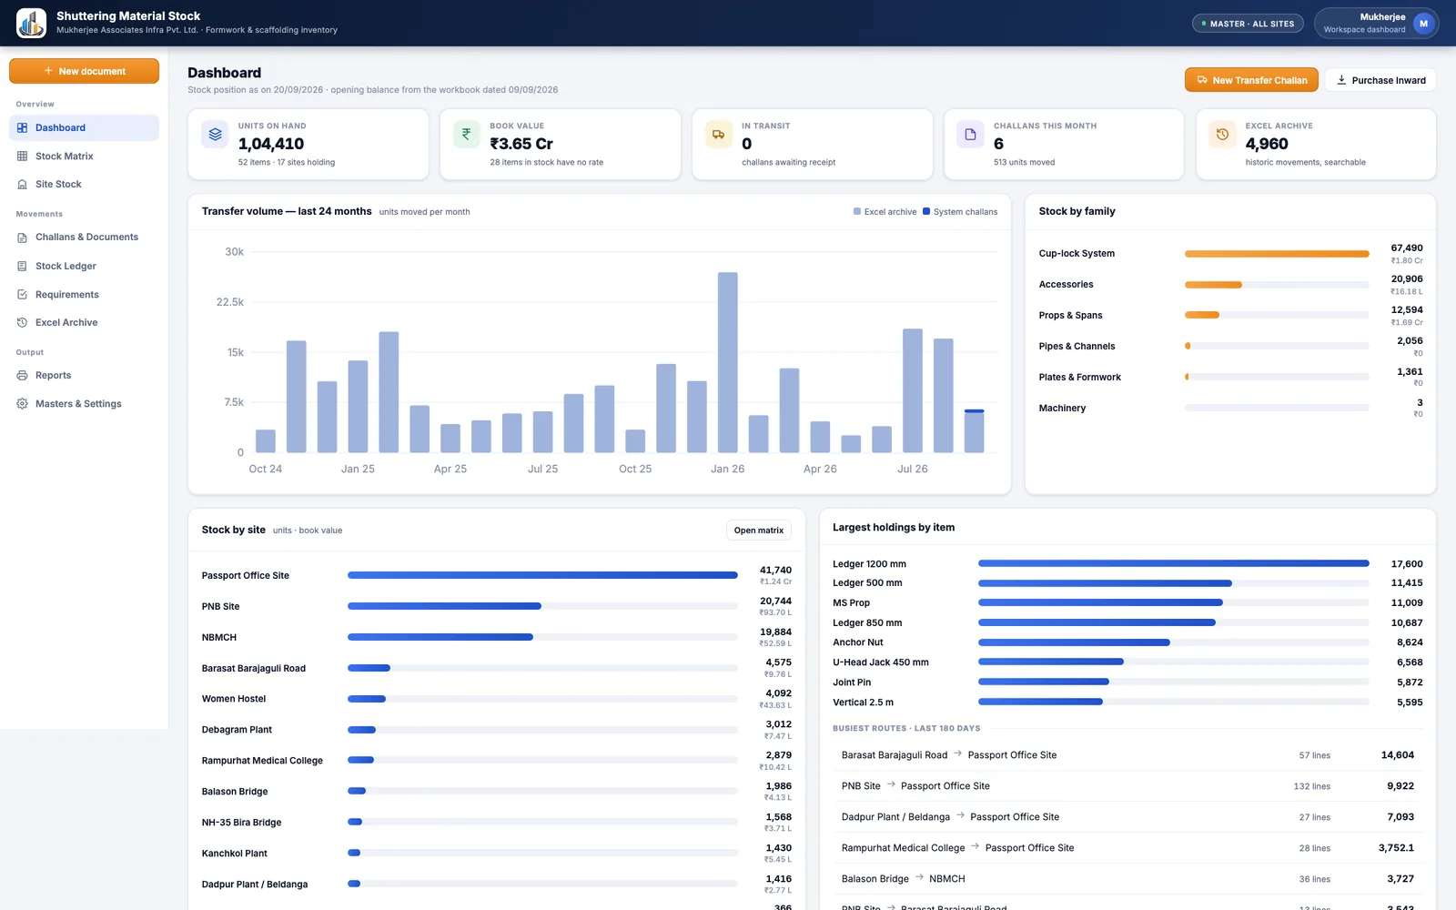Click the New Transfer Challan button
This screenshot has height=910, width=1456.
1250,80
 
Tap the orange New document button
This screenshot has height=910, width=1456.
84,71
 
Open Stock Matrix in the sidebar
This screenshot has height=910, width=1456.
64,156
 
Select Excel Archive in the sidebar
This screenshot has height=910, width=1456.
66,322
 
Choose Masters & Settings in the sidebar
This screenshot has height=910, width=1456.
78,404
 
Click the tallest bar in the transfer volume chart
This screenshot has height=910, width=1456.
727,362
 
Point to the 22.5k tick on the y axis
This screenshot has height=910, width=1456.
230,301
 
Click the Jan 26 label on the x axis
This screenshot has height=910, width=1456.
727,469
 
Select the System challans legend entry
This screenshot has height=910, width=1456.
960,212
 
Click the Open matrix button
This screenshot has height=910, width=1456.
759,531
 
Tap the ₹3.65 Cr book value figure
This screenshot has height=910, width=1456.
521,144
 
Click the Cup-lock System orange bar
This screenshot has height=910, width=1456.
1277,254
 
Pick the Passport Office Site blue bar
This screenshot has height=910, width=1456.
542,575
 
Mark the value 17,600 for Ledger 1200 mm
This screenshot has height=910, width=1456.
1407,563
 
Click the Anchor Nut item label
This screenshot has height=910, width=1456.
857,642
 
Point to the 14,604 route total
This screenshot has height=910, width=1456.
1397,754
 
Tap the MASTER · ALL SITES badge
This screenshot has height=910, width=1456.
1248,24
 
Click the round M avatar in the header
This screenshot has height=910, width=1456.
1423,24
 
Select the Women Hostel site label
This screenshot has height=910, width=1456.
233,699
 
